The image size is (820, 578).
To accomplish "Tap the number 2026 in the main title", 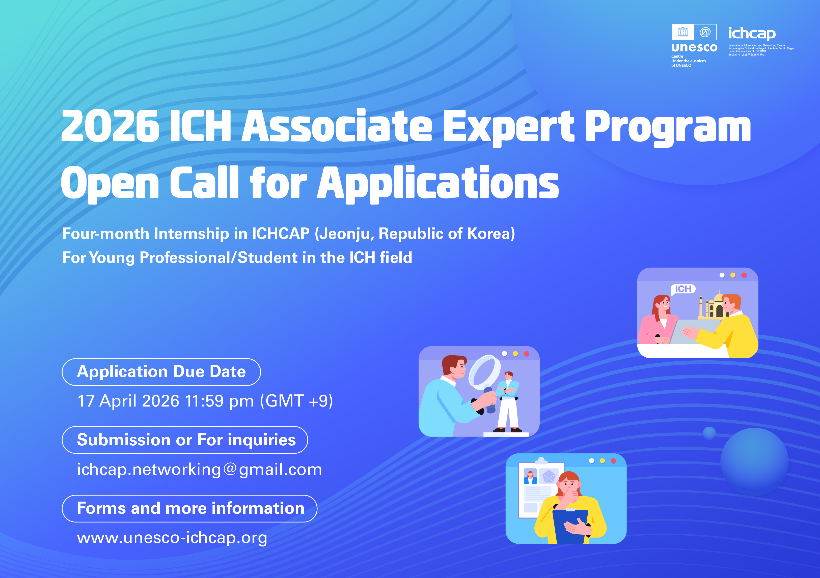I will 110,126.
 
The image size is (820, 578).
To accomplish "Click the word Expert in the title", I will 508,127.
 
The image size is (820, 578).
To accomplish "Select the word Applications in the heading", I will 438,184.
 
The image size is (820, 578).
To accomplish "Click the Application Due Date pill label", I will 161,372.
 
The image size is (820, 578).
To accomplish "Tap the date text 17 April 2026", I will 128,401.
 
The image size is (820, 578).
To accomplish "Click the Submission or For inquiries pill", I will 185,440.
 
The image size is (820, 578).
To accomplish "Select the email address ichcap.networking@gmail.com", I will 199,470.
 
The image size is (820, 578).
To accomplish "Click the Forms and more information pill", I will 190,508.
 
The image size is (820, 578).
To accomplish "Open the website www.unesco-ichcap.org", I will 172,538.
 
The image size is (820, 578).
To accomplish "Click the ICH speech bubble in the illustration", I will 683,289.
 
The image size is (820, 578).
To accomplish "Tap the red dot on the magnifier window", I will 526,354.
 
